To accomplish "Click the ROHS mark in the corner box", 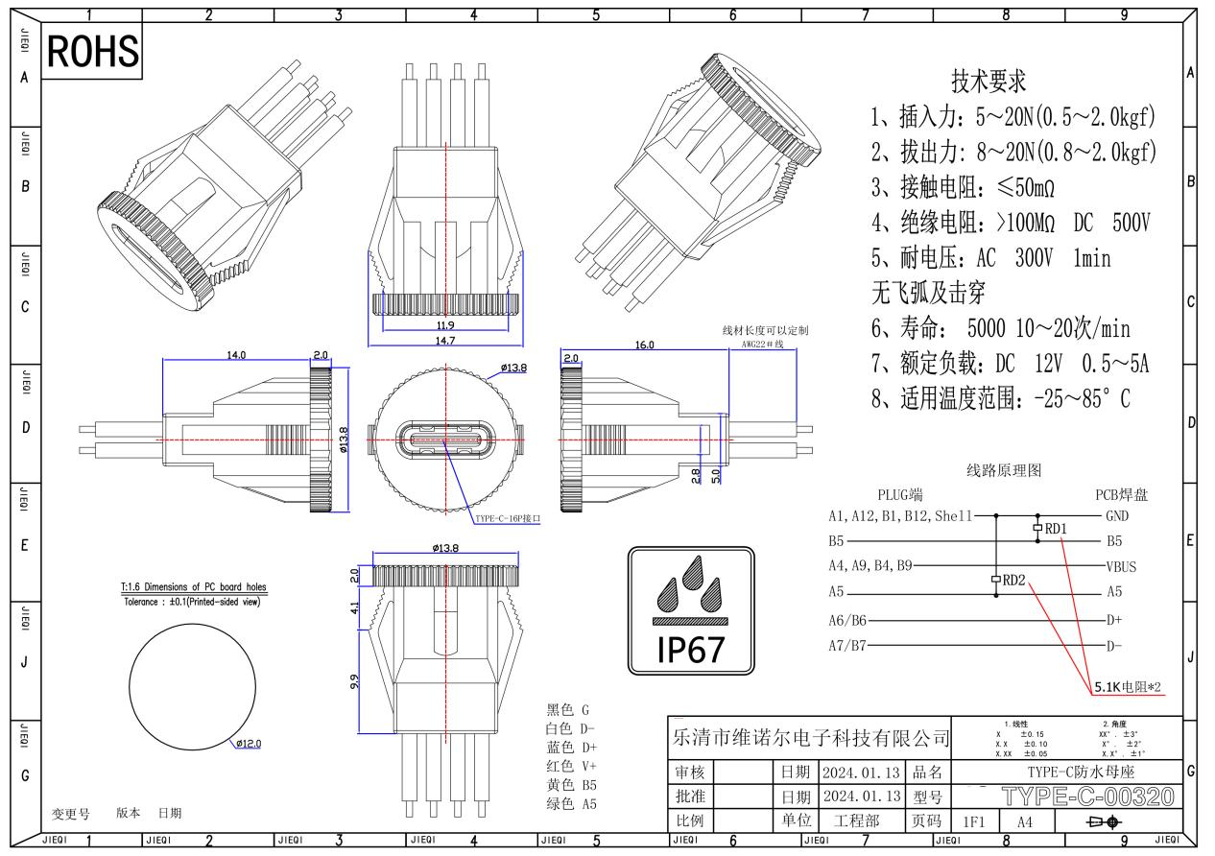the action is (93, 51).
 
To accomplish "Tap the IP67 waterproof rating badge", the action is (691, 610).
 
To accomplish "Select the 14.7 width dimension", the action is (445, 341).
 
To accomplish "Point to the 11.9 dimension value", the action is (445, 325).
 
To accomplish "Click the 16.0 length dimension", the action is (644, 345).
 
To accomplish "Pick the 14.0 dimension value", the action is (236, 355).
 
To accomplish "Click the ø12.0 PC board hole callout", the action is (249, 743).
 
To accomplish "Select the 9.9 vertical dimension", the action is (354, 681).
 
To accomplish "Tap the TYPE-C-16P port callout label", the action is (508, 518).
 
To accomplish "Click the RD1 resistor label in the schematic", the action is (1056, 529).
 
